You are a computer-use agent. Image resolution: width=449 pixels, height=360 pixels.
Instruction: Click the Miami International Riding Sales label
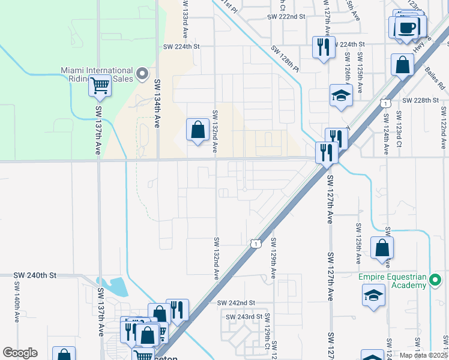97,74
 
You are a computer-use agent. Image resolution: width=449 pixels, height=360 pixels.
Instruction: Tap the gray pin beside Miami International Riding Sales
142,74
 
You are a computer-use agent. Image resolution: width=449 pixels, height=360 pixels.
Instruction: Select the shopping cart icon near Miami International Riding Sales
100,86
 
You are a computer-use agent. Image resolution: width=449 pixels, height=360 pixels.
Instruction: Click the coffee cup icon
407,28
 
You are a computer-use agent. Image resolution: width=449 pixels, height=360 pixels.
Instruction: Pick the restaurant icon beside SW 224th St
324,47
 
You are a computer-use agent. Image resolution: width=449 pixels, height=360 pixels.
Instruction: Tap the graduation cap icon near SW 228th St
341,96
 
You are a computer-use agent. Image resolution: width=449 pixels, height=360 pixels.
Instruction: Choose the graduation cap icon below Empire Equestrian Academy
373,296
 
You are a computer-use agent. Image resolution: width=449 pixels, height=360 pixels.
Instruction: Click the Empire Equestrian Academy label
393,281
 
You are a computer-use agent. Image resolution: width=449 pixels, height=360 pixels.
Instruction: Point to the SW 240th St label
35,275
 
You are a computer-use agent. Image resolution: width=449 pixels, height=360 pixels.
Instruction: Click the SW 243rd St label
244,316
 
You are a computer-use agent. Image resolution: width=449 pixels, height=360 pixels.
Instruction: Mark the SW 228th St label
421,100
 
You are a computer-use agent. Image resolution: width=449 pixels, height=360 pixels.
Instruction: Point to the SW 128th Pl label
285,59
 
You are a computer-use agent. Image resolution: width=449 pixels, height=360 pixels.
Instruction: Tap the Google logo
20,353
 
